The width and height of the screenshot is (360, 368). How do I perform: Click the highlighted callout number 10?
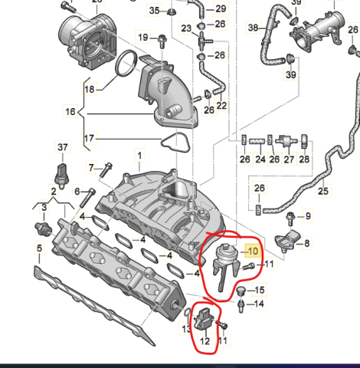(253, 251)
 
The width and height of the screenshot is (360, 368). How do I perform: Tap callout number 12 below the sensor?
(205, 341)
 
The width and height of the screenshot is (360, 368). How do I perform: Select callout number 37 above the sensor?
(63, 147)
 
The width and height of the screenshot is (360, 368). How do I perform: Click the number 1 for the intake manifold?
(139, 156)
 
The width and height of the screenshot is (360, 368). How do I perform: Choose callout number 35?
(155, 11)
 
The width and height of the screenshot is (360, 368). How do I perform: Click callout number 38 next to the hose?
(253, 28)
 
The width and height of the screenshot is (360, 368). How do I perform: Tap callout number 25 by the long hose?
(323, 191)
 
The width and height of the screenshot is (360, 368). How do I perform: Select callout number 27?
(289, 159)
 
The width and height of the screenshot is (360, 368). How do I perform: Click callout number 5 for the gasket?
(39, 248)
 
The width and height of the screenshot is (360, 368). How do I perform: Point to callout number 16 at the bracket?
(70, 112)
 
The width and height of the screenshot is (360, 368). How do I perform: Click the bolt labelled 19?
(162, 41)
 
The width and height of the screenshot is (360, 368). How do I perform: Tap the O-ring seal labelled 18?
(126, 63)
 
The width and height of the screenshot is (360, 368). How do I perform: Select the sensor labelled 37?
(61, 176)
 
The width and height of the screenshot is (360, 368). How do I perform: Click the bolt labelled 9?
(290, 219)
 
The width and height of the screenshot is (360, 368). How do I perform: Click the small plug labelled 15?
(240, 291)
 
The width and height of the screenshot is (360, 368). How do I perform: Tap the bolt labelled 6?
(87, 198)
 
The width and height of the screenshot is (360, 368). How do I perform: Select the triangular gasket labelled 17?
(175, 143)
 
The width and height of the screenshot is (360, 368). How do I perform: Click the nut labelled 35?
(172, 11)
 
